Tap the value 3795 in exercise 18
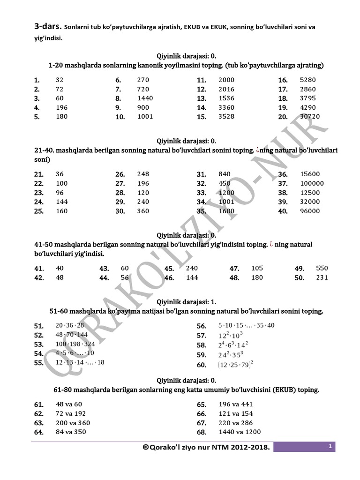pos(308,98)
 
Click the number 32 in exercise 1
pos(60,80)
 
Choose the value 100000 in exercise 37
pos(312,183)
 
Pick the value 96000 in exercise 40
pos(310,211)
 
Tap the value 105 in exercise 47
pos(257,268)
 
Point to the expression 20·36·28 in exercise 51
pos(70,325)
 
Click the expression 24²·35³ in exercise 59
pos(231,354)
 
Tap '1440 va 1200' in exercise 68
pos(240,432)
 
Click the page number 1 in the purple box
pos(330,447)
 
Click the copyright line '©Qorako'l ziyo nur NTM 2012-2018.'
pos(206,448)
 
